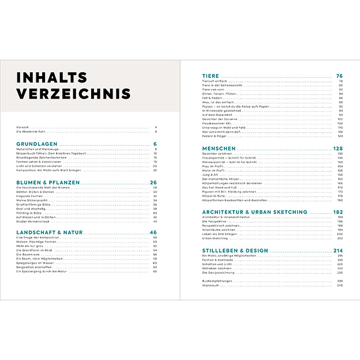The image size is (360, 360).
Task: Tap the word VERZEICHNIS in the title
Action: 73,93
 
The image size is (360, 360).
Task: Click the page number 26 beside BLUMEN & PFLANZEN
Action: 154,182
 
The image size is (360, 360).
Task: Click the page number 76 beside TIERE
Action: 340,76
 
